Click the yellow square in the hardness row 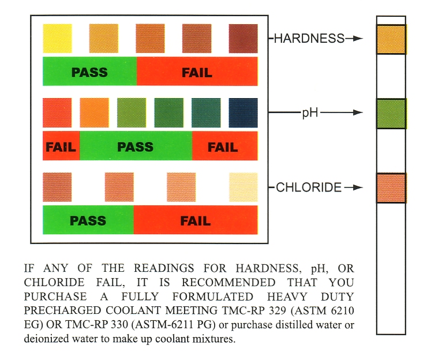pyautogui.click(x=57, y=39)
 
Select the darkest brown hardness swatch pyautogui.click(x=243, y=39)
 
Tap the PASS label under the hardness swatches pyautogui.click(x=89, y=73)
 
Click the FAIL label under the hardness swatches pyautogui.click(x=197, y=73)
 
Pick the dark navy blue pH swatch pyautogui.click(x=243, y=112)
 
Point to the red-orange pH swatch pyautogui.click(x=57, y=112)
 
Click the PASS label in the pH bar pyautogui.click(x=135, y=147)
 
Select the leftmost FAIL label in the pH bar pyautogui.click(x=61, y=147)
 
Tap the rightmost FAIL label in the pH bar pyautogui.click(x=223, y=147)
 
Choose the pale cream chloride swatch pyautogui.click(x=243, y=187)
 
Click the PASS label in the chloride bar pyautogui.click(x=88, y=220)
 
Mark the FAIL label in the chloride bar pyautogui.click(x=195, y=220)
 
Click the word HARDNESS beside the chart pyautogui.click(x=309, y=39)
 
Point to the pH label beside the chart pyautogui.click(x=310, y=113)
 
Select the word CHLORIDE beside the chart pyautogui.click(x=309, y=187)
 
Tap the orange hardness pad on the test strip pyautogui.click(x=391, y=39)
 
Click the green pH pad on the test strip pyautogui.click(x=391, y=114)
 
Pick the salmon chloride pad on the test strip pyautogui.click(x=391, y=187)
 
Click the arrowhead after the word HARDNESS pyautogui.click(x=358, y=39)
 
